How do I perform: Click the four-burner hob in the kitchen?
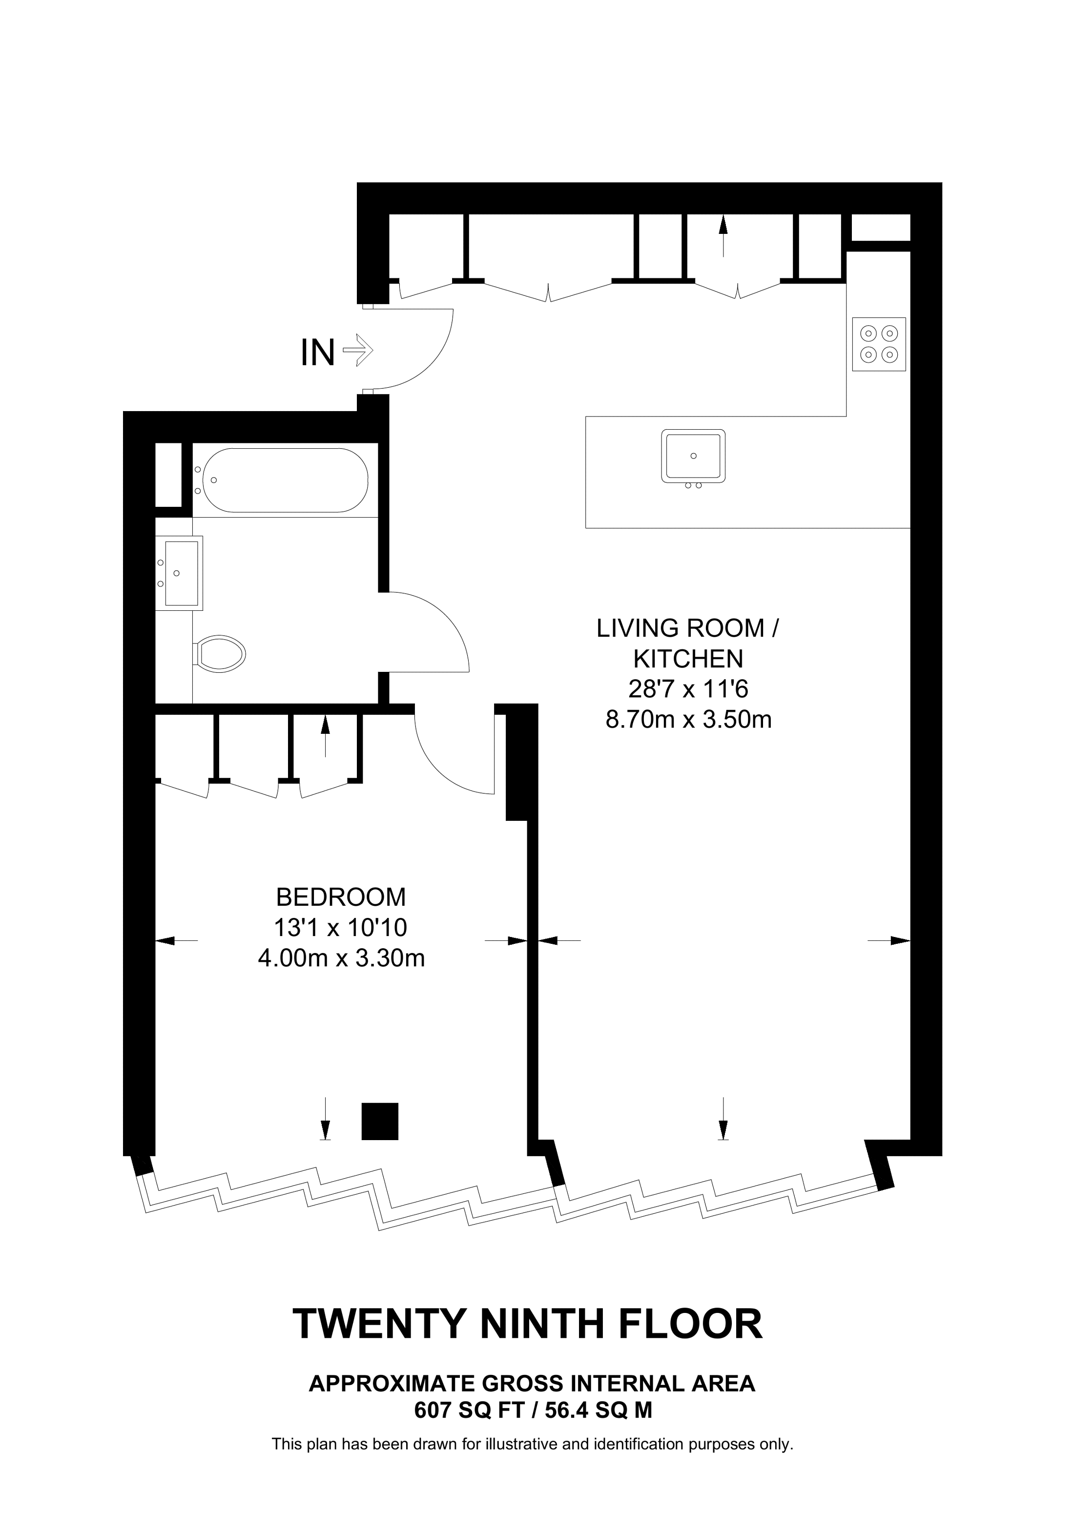(878, 344)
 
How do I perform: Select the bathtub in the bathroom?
(285, 480)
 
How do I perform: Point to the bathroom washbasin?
(179, 573)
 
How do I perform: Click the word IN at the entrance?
(318, 353)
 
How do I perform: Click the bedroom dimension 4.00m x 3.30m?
(341, 958)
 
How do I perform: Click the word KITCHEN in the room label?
(688, 659)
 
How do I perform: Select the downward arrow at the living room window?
(723, 1119)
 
